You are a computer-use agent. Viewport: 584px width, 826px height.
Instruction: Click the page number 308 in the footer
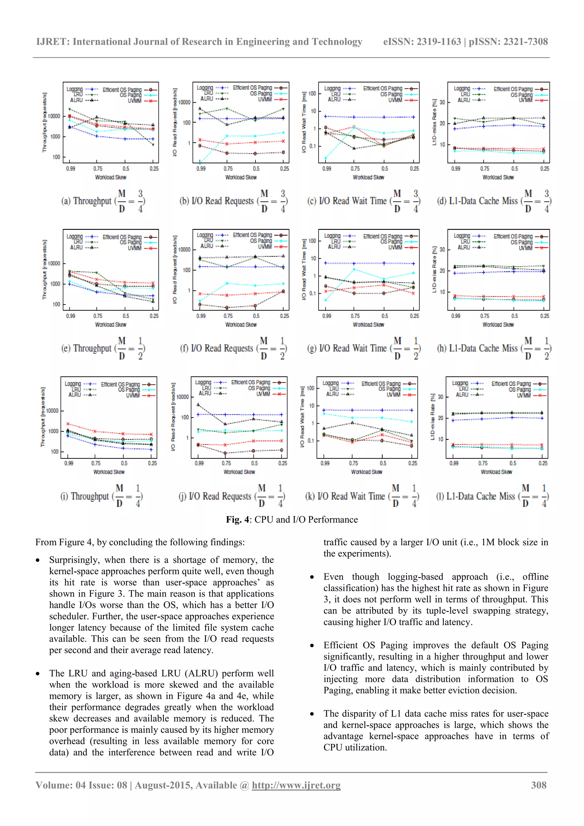pyautogui.click(x=538, y=785)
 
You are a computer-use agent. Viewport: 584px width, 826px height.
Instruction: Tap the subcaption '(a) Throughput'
pyautogui.click(x=86, y=201)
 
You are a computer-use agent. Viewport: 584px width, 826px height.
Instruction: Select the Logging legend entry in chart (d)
pyautogui.click(x=462, y=88)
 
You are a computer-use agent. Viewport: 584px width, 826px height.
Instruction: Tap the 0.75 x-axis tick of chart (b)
pyautogui.click(x=228, y=169)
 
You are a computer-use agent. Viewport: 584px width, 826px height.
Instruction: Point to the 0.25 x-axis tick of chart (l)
pyautogui.click(x=543, y=463)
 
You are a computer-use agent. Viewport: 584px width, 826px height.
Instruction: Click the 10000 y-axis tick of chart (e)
pyautogui.click(x=54, y=264)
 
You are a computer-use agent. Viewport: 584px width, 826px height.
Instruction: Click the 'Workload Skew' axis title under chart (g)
pyautogui.click(x=368, y=324)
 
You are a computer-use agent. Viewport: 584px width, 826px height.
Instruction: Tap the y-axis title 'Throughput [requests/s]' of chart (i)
pyautogui.click(x=43, y=417)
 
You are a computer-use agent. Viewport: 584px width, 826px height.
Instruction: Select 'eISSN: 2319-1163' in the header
pyautogui.click(x=422, y=42)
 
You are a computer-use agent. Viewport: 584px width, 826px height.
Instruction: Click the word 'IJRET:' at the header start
pyautogui.click(x=52, y=42)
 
